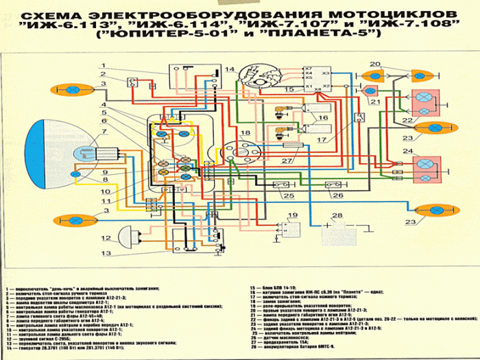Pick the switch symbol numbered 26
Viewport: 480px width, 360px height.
tap(333, 185)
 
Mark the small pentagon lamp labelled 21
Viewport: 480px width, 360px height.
tap(371, 91)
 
